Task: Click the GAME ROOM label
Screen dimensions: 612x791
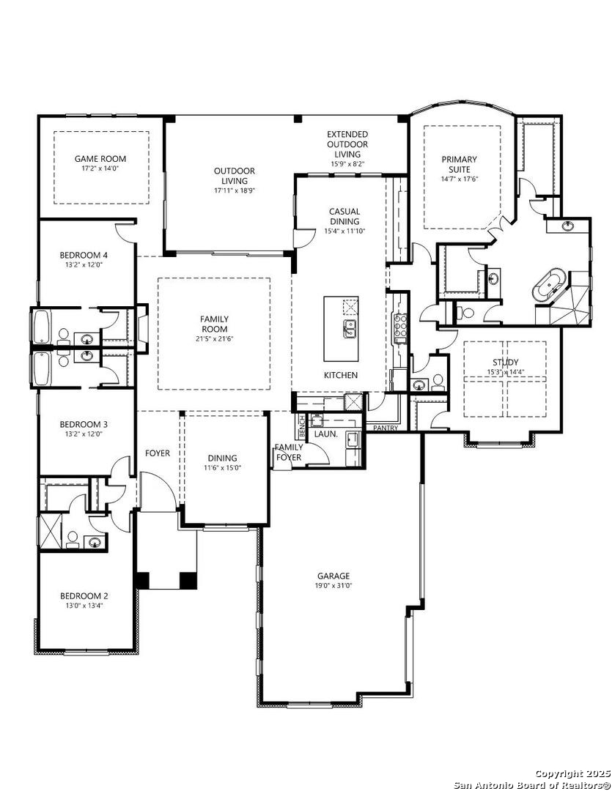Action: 100,159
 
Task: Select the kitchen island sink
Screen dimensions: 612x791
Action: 350,329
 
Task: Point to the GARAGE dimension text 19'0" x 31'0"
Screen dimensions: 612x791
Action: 333,586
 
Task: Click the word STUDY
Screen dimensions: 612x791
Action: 506,363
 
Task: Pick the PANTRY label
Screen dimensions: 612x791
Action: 386,428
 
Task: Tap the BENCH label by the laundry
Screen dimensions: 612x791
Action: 302,427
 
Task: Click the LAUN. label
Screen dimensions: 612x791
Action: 325,434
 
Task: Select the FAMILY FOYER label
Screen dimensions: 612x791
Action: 288,453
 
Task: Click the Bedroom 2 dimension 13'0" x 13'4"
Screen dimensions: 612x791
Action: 84,606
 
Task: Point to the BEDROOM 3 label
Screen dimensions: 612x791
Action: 84,425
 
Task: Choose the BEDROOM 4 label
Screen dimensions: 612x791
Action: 84,256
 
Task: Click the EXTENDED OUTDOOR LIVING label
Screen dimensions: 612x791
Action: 348,144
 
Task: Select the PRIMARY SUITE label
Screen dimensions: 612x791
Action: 459,165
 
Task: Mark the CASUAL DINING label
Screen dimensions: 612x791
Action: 344,216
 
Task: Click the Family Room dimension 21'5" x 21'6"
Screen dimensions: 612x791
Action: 214,338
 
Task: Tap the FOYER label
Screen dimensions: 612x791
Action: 158,453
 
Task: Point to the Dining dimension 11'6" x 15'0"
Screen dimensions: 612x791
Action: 222,467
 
